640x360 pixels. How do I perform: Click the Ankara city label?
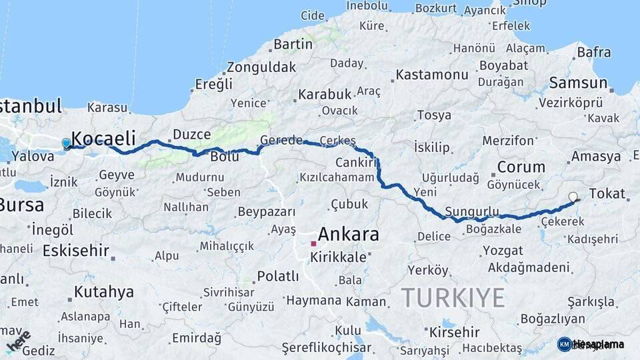(x=348, y=235)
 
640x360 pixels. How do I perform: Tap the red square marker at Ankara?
(x=313, y=244)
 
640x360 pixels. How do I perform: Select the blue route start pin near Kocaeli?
(x=66, y=143)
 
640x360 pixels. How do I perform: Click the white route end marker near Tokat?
(x=573, y=197)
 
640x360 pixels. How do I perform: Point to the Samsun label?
(x=578, y=83)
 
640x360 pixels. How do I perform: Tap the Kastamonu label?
(x=432, y=75)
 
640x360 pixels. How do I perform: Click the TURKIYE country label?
(x=453, y=297)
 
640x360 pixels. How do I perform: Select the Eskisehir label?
(x=75, y=251)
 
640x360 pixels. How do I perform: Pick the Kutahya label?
(x=103, y=291)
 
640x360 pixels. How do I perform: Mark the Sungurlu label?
(x=472, y=212)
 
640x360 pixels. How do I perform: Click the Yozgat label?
(x=499, y=251)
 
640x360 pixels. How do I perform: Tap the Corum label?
(x=521, y=167)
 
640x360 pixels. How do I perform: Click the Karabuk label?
(x=324, y=95)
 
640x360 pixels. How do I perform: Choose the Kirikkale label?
(x=343, y=257)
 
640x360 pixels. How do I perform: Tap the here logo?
(x=18, y=339)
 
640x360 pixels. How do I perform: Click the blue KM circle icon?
(x=564, y=344)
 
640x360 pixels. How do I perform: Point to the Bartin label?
(x=293, y=45)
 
